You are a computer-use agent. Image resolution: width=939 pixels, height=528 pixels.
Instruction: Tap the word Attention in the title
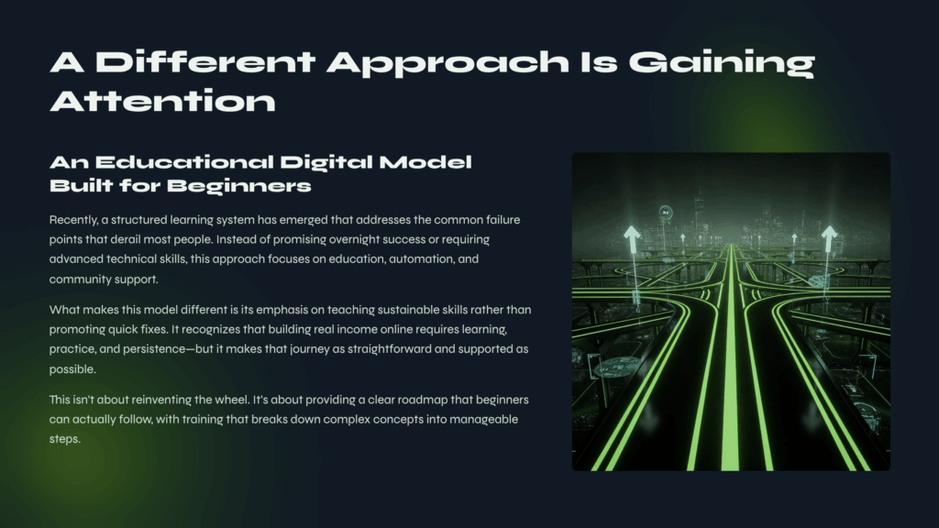pos(162,101)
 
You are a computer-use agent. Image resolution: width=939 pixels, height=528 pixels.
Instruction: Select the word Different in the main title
pos(205,61)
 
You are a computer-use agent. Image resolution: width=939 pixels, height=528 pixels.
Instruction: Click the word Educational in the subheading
pos(184,162)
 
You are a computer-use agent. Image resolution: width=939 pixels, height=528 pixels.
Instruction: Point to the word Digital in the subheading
pos(326,163)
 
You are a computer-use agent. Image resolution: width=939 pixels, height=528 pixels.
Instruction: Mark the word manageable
pos(484,420)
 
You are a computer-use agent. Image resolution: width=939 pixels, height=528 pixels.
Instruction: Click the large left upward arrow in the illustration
pos(633,239)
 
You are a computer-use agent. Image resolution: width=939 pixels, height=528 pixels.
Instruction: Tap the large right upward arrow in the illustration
pos(829,239)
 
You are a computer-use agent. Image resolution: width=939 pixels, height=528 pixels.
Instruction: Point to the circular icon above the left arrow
pos(666,213)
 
